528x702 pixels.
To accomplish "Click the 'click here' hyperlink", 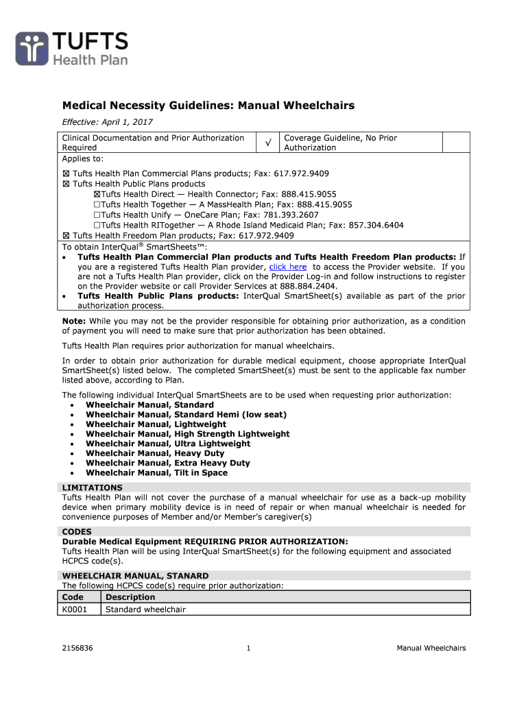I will (287, 267).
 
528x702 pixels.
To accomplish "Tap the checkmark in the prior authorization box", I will (268, 142).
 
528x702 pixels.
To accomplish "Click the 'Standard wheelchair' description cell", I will (145, 609).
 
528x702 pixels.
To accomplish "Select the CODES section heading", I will (77, 531).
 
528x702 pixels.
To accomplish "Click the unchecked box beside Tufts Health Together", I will (97, 204).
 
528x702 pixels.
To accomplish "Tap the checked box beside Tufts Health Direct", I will (97, 194).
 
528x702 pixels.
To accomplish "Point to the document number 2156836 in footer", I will (77, 649).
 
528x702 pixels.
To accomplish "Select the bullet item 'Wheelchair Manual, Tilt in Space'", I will (156, 472).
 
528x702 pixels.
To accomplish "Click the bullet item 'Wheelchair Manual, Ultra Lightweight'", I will (168, 444).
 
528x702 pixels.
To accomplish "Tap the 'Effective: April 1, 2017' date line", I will (108, 122).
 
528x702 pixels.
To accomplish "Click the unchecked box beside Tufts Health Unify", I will (97, 215).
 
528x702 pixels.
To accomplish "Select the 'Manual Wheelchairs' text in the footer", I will (431, 649).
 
